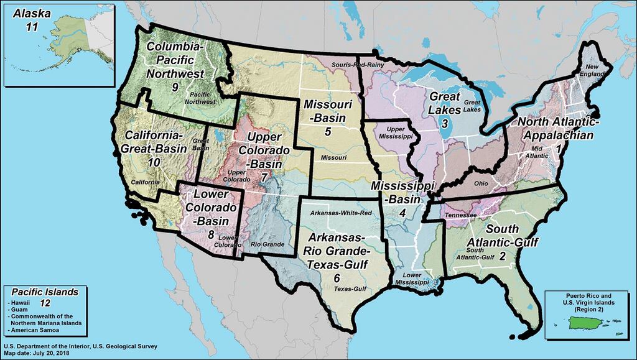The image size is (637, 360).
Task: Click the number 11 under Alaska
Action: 32,25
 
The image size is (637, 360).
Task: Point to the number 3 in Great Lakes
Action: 445,123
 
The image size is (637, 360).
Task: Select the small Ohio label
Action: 481,183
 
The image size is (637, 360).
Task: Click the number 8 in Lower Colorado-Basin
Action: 211,234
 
